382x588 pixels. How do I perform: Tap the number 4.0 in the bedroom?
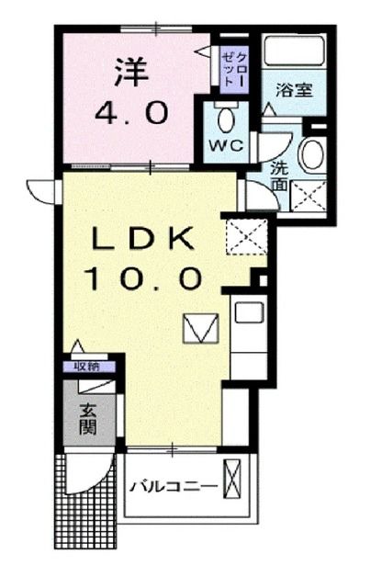coord(132,114)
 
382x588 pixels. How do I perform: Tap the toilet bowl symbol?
coord(224,119)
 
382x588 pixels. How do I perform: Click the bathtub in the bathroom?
coord(297,51)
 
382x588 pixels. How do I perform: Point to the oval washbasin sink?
coord(311,154)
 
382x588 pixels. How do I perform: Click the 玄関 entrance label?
coord(88,419)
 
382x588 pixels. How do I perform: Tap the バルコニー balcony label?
coord(172,486)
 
